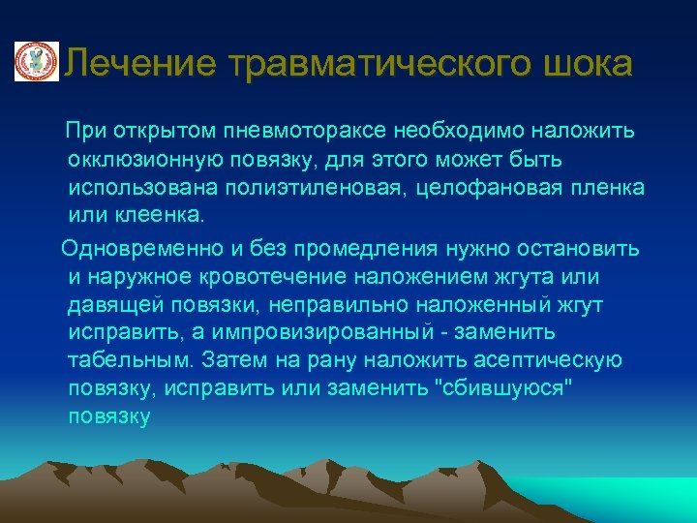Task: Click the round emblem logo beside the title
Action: coord(36,63)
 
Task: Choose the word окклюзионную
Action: coord(145,158)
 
